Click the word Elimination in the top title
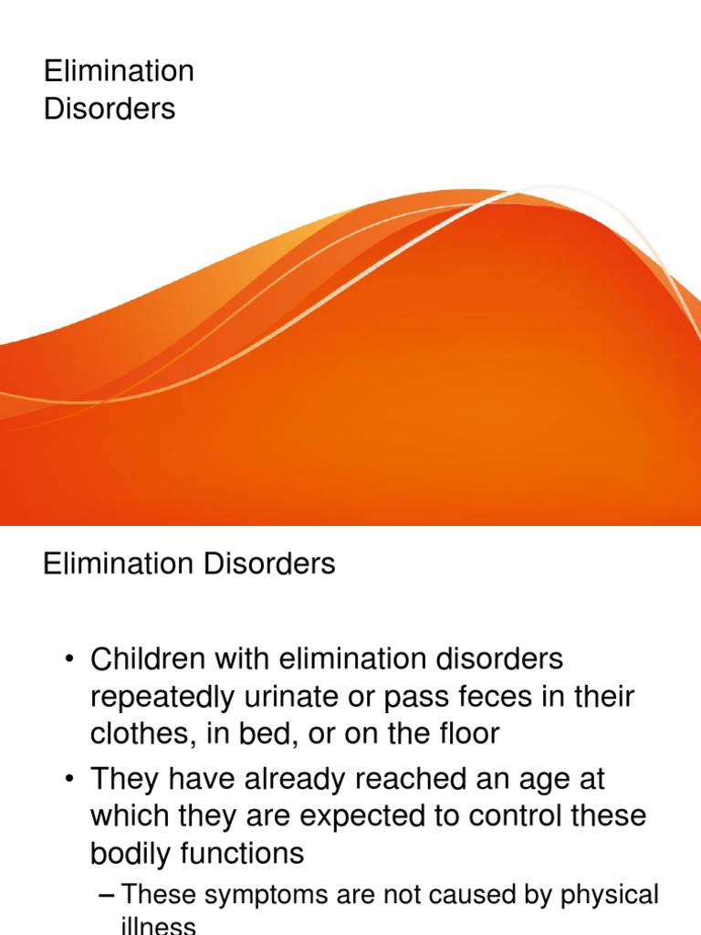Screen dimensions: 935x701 [x=119, y=70]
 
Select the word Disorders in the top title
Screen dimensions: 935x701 [x=110, y=109]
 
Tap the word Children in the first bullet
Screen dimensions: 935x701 [x=149, y=658]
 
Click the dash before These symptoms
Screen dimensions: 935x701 [x=106, y=895]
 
